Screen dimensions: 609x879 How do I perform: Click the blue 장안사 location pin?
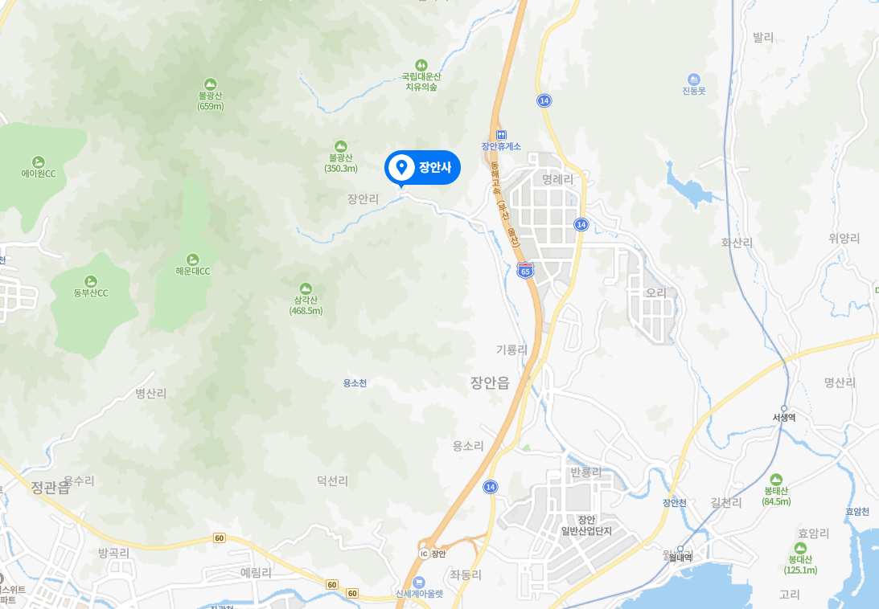click(400, 168)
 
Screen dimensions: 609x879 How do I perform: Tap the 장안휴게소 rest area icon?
click(501, 134)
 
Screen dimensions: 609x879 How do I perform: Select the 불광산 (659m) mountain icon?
click(210, 84)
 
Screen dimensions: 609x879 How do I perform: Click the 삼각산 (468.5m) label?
click(306, 305)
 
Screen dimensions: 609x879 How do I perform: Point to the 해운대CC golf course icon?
click(193, 259)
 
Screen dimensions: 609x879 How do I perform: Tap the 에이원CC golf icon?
click(39, 161)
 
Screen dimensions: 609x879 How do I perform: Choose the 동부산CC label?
click(90, 292)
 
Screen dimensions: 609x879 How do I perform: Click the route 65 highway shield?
click(525, 271)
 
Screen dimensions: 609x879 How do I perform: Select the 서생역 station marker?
click(784, 408)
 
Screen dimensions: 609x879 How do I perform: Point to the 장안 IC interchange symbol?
click(424, 553)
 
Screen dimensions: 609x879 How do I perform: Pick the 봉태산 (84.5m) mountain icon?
click(776, 479)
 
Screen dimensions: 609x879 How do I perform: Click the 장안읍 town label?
click(490, 383)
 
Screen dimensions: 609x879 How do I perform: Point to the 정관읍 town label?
click(50, 487)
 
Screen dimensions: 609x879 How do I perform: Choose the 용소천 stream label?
click(355, 383)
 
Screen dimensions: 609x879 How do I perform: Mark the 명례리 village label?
click(558, 179)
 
